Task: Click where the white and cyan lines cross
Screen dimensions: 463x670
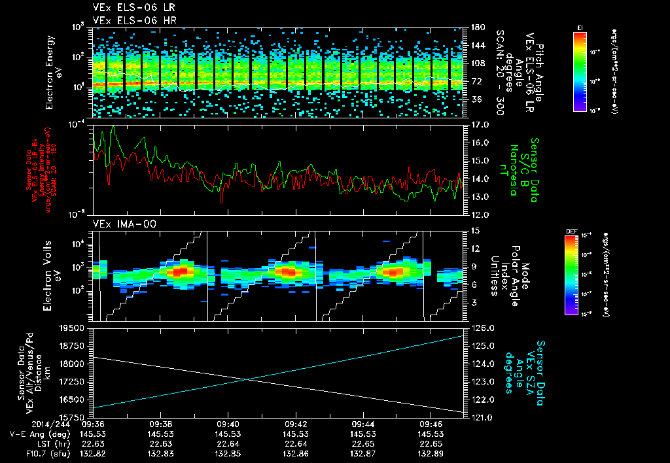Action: click(246, 380)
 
